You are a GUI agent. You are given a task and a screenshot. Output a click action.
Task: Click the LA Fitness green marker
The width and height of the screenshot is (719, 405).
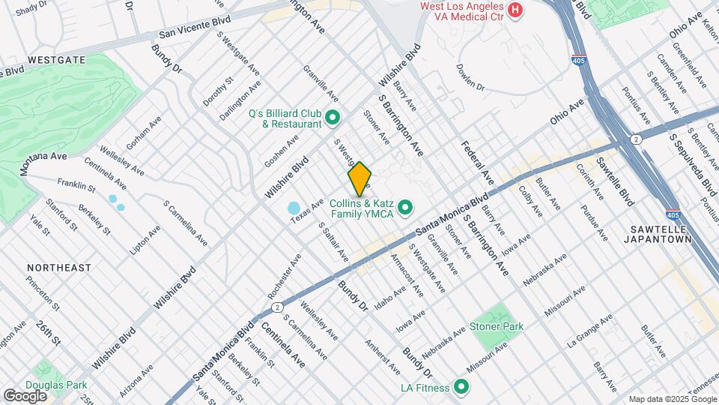point(461,387)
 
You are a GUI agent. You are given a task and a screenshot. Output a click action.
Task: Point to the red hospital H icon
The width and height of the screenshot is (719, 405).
point(515,10)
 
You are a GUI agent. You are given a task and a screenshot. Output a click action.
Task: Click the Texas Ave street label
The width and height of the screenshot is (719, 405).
point(307,210)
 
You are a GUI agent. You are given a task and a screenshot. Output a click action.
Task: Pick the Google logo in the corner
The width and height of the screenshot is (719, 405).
point(25,395)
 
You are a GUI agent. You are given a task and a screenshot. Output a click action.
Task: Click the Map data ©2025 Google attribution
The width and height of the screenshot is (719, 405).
point(672,399)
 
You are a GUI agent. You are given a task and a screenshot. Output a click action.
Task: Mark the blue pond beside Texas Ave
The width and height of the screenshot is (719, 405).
point(294,208)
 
